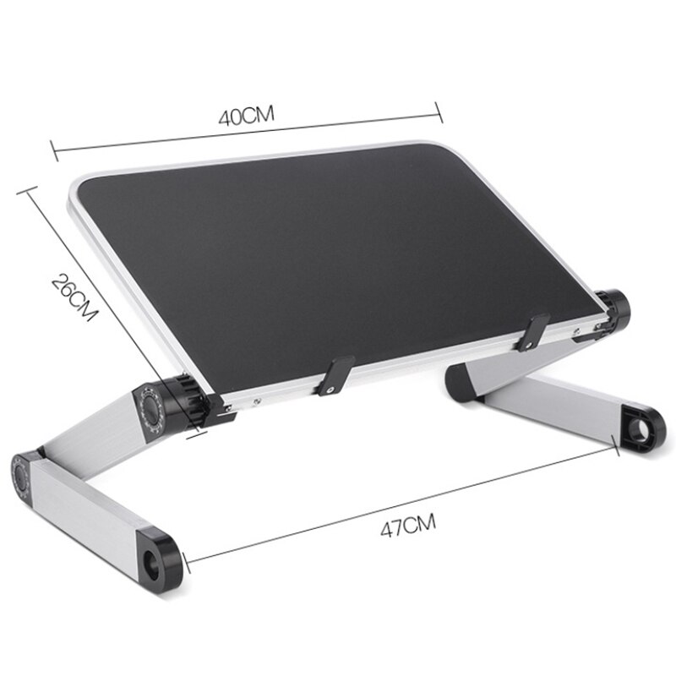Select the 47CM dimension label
407,530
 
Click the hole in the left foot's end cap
157,559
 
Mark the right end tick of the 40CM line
439,110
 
